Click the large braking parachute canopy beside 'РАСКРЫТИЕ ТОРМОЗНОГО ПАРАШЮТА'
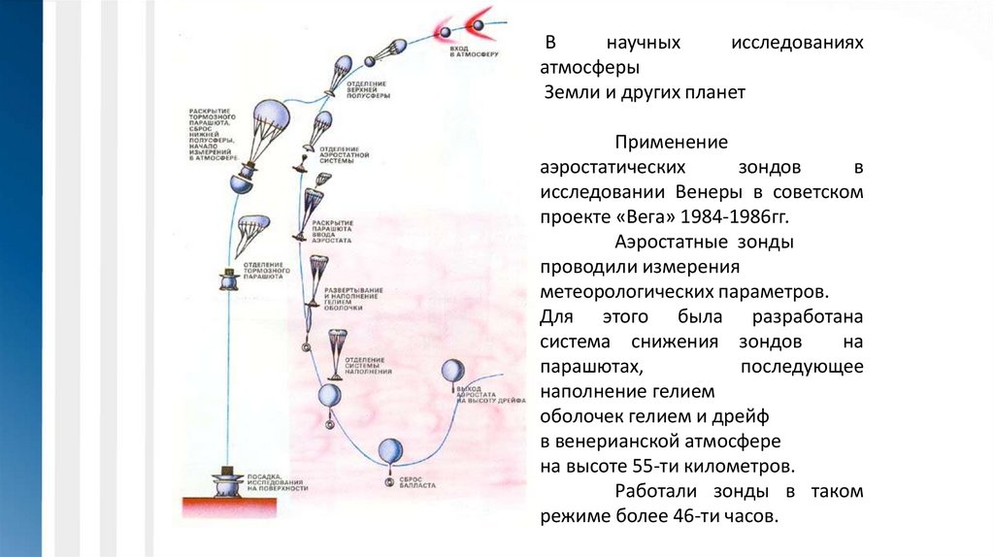[x=239, y=130]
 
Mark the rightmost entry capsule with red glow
[x=480, y=19]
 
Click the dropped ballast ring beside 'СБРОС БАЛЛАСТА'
[x=388, y=481]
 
